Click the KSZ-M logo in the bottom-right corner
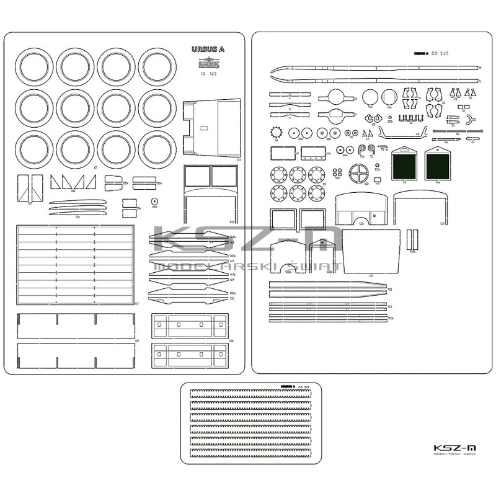click(x=456, y=447)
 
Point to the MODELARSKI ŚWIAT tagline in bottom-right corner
click(x=456, y=457)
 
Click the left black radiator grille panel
click(x=404, y=165)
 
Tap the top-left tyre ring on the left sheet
click(x=34, y=67)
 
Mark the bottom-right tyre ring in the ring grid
click(x=157, y=149)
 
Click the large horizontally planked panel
click(x=75, y=265)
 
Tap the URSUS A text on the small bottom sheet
click(x=288, y=386)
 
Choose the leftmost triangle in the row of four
click(x=55, y=182)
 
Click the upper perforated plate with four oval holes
click(x=189, y=325)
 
